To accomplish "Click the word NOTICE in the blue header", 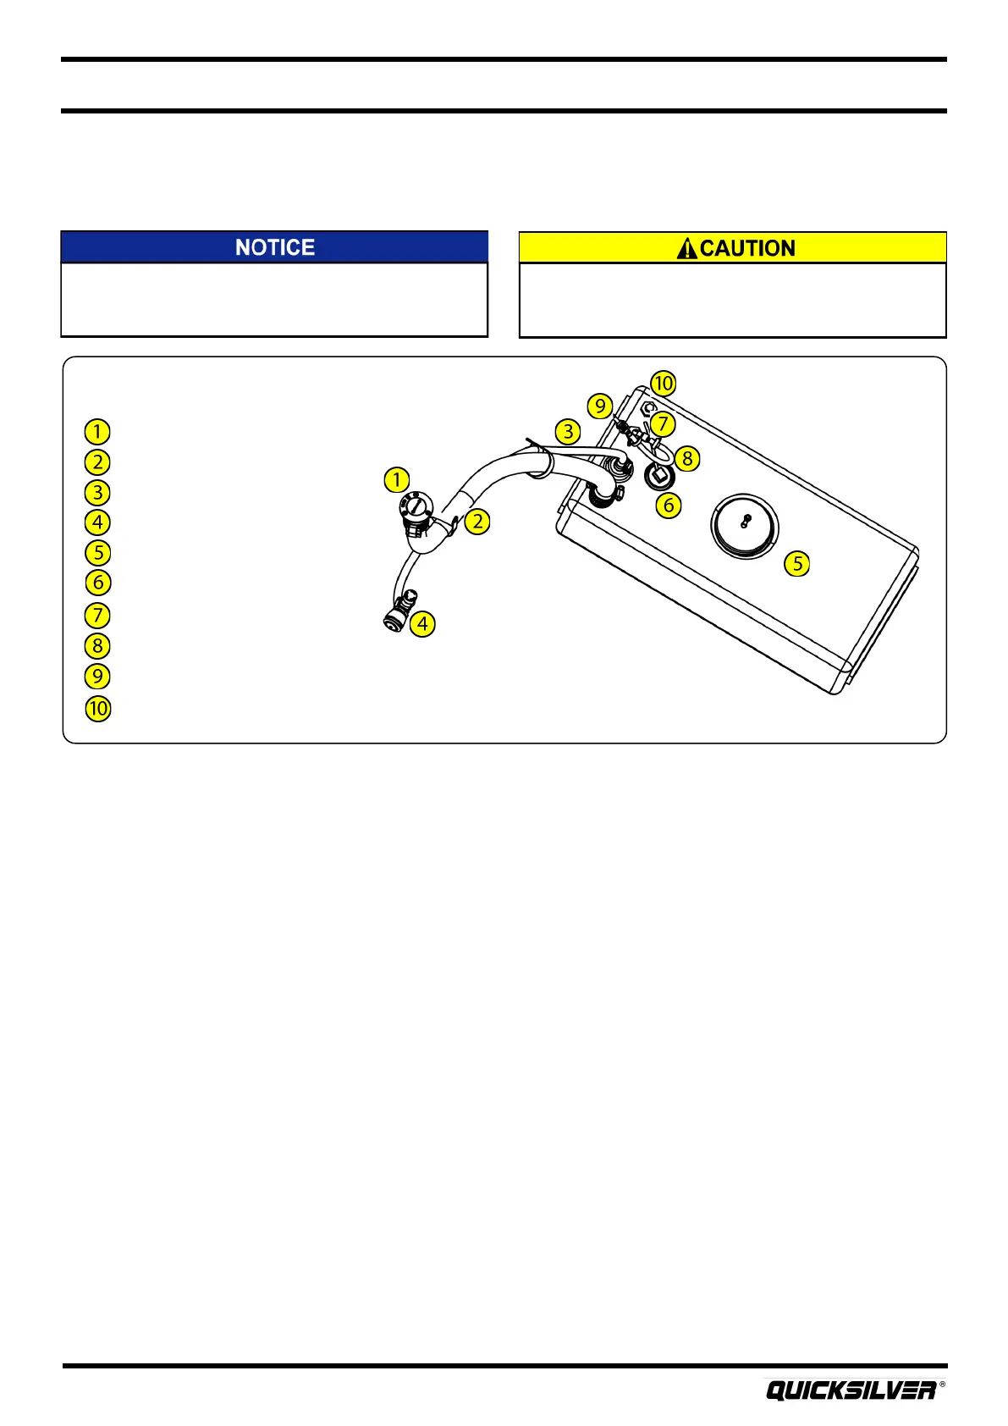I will pos(275,247).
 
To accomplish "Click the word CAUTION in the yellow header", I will pos(747,248).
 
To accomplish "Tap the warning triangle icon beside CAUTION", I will pos(687,248).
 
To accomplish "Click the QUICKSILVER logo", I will pos(851,1390).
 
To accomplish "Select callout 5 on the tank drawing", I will pos(797,563).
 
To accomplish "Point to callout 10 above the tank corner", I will pos(664,383).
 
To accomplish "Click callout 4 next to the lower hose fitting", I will pos(422,625).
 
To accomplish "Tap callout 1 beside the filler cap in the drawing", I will pos(397,480).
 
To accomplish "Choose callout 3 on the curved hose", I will pos(569,431).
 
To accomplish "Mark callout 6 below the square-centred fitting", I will pos(669,506).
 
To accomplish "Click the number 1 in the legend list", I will pos(98,432).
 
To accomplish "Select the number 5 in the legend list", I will pos(98,553).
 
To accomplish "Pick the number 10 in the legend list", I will pos(98,708).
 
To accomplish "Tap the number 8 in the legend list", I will pos(98,646).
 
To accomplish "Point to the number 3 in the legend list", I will pos(98,492).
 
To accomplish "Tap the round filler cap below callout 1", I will pos(417,508).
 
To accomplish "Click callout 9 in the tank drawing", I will pos(600,406).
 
